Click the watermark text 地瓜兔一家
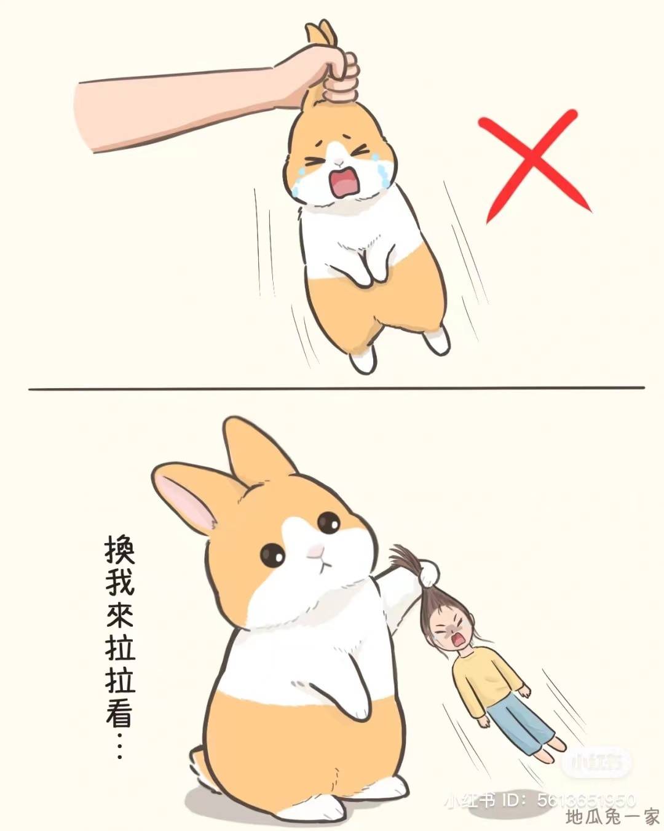612,818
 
